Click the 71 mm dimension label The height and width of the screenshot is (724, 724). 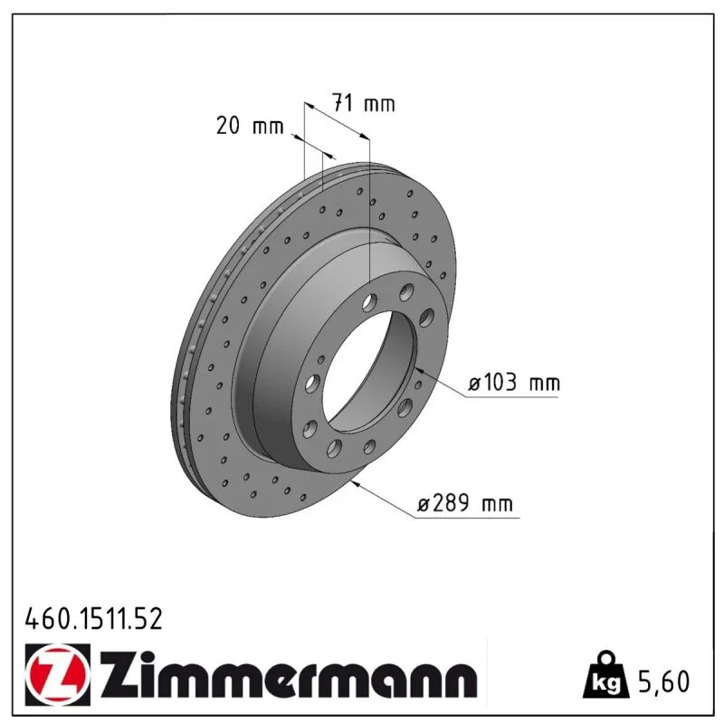(x=364, y=103)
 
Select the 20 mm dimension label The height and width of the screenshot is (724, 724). (x=250, y=126)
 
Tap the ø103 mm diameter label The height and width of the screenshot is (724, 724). (x=513, y=383)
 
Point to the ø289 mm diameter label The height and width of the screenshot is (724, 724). (x=465, y=503)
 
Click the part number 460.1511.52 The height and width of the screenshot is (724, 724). (x=94, y=619)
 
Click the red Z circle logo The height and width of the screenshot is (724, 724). (x=58, y=674)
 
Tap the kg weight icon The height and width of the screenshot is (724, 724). (x=605, y=675)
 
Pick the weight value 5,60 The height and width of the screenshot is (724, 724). (x=663, y=681)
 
